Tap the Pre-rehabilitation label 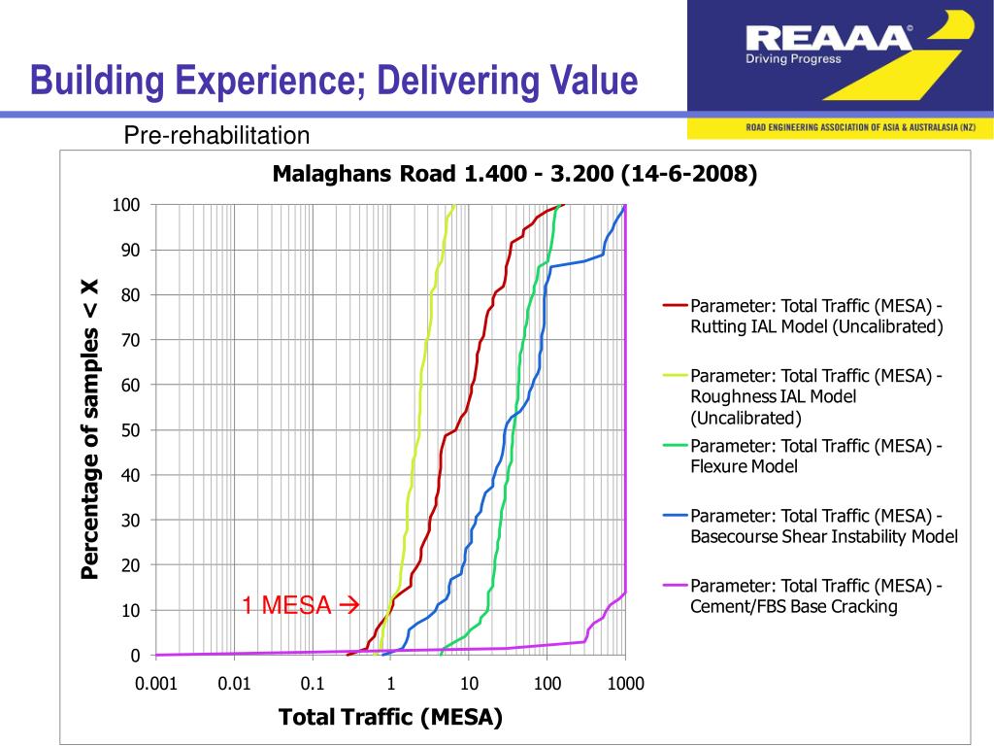pyautogui.click(x=216, y=136)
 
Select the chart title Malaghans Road pyautogui.click(x=514, y=174)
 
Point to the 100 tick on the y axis pyautogui.click(x=127, y=205)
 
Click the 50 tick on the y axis pyautogui.click(x=130, y=430)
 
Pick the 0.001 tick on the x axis pyautogui.click(x=156, y=684)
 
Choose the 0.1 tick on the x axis pyautogui.click(x=313, y=684)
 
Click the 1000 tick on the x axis pyautogui.click(x=626, y=684)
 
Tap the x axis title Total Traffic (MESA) pyautogui.click(x=390, y=718)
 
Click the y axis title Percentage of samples pyautogui.click(x=90, y=428)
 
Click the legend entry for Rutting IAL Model pyautogui.click(x=816, y=316)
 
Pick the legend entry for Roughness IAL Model pyautogui.click(x=816, y=396)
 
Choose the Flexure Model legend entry pyautogui.click(x=816, y=457)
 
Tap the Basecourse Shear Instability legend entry pyautogui.click(x=823, y=526)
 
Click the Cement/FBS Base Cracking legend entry pyautogui.click(x=816, y=596)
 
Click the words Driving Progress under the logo pyautogui.click(x=793, y=58)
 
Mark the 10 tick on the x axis pyautogui.click(x=469, y=684)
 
